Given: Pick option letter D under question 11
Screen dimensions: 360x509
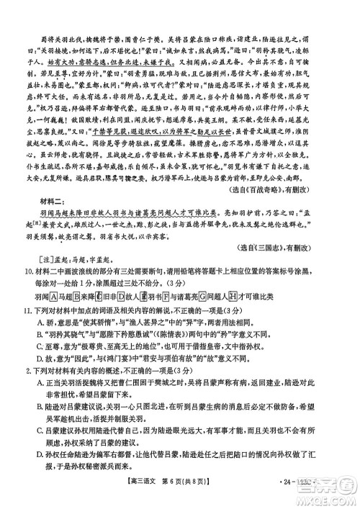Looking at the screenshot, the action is click(x=40, y=377).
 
